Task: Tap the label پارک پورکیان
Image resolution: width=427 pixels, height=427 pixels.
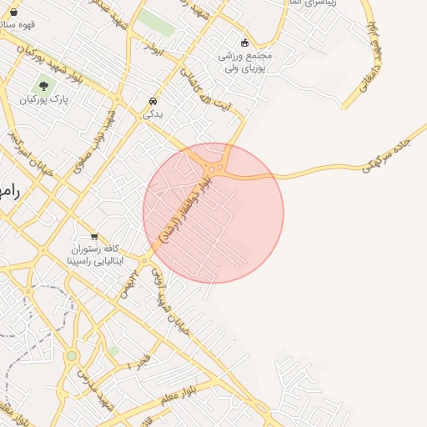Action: [44, 99]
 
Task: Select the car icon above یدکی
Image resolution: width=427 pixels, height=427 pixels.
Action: [153, 101]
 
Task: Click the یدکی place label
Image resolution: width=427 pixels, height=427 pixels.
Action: [153, 113]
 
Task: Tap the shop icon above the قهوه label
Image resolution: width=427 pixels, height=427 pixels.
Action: [13, 12]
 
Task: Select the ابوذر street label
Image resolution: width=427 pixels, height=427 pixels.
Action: [155, 48]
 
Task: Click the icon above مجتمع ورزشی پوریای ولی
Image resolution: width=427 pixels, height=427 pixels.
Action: [244, 43]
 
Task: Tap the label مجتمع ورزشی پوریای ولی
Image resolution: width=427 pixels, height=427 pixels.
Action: [245, 62]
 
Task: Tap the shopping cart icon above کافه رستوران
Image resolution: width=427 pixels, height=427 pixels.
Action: [94, 236]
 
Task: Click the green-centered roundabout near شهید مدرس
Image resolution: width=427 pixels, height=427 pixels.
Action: [72, 356]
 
